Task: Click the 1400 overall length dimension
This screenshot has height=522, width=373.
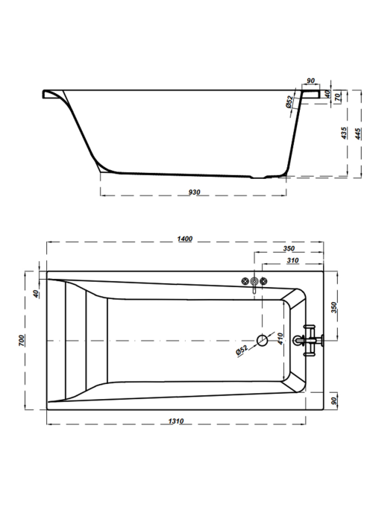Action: [x=185, y=239]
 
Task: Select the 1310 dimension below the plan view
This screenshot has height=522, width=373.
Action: [x=176, y=421]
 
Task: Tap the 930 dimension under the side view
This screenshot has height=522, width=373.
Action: [x=195, y=192]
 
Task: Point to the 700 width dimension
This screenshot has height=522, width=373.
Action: [x=22, y=340]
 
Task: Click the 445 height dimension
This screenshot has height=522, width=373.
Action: [x=358, y=133]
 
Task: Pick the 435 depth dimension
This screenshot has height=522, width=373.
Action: [x=345, y=133]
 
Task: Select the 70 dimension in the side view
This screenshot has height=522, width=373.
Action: [x=338, y=97]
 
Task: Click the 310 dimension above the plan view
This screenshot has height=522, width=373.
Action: [x=292, y=260]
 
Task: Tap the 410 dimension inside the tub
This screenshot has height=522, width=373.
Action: [x=280, y=339]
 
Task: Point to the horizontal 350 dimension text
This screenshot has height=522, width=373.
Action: [x=289, y=248]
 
